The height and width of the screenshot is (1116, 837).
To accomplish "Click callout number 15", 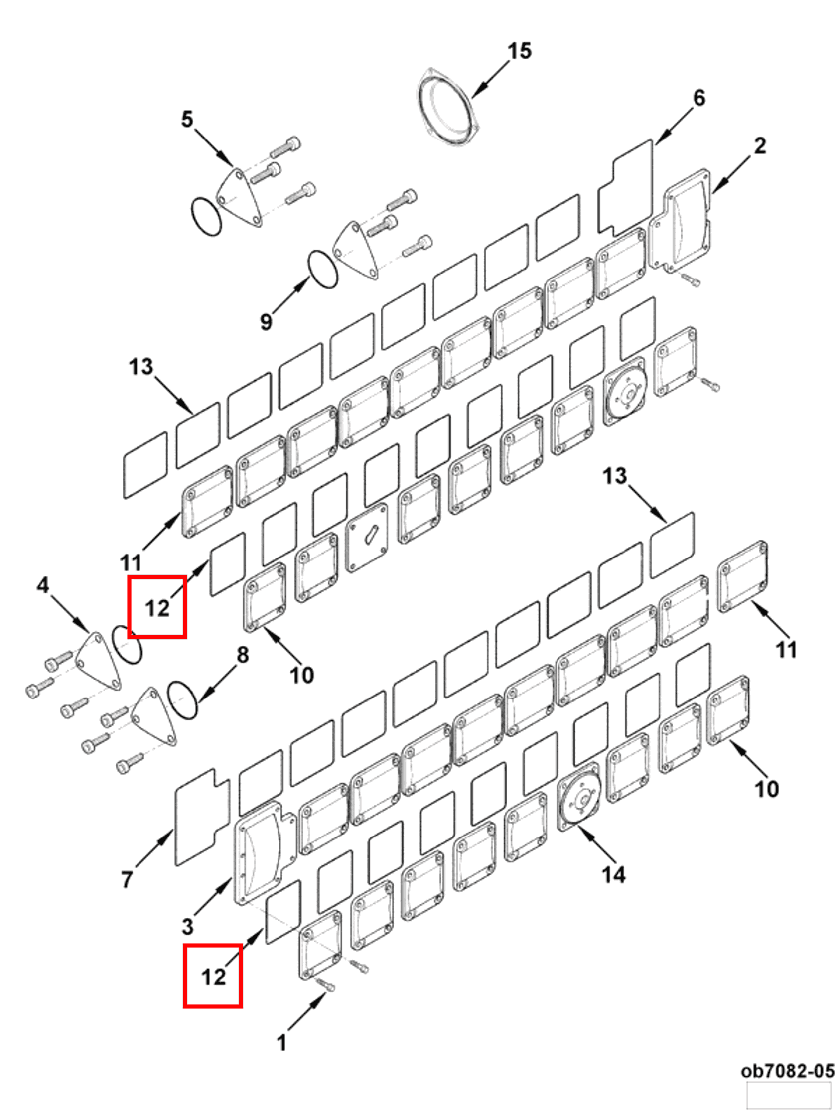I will pyautogui.click(x=519, y=51).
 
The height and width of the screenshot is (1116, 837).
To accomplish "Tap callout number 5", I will pyautogui.click(x=187, y=119).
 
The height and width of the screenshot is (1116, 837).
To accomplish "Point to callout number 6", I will pyautogui.click(x=698, y=97).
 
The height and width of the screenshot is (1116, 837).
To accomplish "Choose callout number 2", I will pyautogui.click(x=760, y=146).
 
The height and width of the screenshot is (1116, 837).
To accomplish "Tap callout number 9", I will pyautogui.click(x=266, y=321).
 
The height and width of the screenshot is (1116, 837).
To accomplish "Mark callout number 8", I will pyautogui.click(x=243, y=655).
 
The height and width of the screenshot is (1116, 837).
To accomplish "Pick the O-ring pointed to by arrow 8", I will pyautogui.click(x=182, y=700).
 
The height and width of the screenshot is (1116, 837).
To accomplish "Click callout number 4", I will pyautogui.click(x=43, y=585).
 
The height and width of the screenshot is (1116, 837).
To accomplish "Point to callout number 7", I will pyautogui.click(x=127, y=879).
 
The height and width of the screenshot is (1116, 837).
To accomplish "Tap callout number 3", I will pyautogui.click(x=188, y=926).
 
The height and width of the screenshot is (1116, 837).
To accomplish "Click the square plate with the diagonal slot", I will pyautogui.click(x=367, y=538).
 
